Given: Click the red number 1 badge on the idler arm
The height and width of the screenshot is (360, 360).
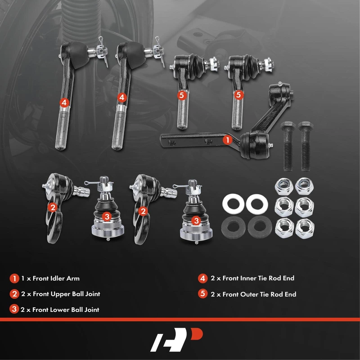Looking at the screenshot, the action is pyautogui.click(x=228, y=139).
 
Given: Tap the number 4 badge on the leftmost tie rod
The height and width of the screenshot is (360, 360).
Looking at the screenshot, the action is pyautogui.click(x=64, y=103).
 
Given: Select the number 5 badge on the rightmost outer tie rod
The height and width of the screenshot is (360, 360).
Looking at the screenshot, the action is pyautogui.click(x=238, y=94).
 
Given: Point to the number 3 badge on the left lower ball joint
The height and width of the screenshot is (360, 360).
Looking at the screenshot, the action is pyautogui.click(x=107, y=216).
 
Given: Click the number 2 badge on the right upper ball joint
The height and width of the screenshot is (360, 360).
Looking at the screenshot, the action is pyautogui.click(x=143, y=211).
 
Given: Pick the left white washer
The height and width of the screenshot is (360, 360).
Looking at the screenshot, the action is pyautogui.click(x=233, y=203).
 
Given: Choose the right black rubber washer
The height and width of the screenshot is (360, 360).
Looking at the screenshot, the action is pyautogui.click(x=260, y=227).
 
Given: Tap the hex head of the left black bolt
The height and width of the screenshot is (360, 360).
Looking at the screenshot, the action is pyautogui.click(x=288, y=126).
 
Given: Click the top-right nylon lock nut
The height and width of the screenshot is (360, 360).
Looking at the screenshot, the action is pyautogui.click(x=304, y=186).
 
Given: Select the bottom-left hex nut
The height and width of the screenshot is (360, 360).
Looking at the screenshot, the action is pyautogui.click(x=284, y=228).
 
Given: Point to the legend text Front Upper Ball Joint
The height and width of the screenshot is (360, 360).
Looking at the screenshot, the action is pyautogui.click(x=66, y=294).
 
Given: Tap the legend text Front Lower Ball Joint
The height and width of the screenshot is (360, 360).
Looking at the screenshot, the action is pyautogui.click(x=66, y=310).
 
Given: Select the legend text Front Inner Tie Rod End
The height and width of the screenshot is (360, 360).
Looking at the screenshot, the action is pyautogui.click(x=258, y=278).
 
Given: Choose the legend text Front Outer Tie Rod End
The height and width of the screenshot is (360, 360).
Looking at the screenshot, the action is pyautogui.click(x=259, y=294).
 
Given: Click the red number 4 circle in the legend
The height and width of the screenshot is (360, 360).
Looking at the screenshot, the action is pyautogui.click(x=202, y=278).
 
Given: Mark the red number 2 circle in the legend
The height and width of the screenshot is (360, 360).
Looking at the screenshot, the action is pyautogui.click(x=14, y=294).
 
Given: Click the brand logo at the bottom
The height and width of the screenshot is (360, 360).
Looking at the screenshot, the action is pyautogui.click(x=176, y=340).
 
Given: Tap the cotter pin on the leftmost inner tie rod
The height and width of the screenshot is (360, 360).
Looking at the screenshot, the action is pyautogui.click(x=103, y=52).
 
